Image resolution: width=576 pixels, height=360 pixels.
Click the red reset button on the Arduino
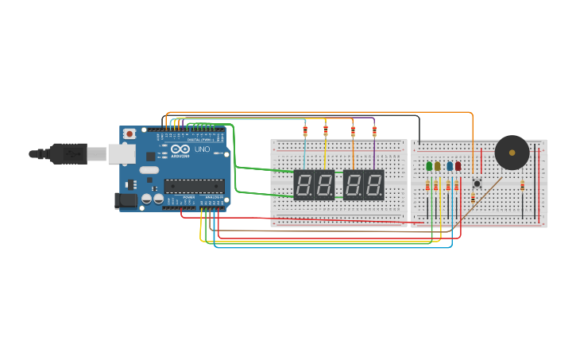coord(130,135)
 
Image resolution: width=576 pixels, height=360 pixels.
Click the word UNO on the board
coord(202,149)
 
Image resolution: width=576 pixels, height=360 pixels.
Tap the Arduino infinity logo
coord(180,149)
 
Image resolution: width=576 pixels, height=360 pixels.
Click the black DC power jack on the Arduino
coord(126,201)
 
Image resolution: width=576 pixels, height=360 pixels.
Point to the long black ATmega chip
coord(194,186)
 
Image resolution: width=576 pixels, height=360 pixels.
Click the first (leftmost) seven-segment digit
coord(303,184)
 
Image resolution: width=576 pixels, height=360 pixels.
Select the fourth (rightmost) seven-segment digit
coord(374,184)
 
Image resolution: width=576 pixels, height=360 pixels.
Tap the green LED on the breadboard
coord(429,166)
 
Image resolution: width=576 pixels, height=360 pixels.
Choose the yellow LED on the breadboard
coord(437,166)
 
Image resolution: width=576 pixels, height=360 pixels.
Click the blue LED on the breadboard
coord(449,166)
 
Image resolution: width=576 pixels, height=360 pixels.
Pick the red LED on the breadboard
coord(458,166)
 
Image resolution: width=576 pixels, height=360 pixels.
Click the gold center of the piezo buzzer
coord(512,153)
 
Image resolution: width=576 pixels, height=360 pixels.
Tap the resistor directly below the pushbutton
coord(474,197)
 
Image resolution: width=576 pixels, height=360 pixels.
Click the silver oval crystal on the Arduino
coord(149,169)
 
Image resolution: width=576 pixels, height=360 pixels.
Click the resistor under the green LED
coord(427,186)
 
